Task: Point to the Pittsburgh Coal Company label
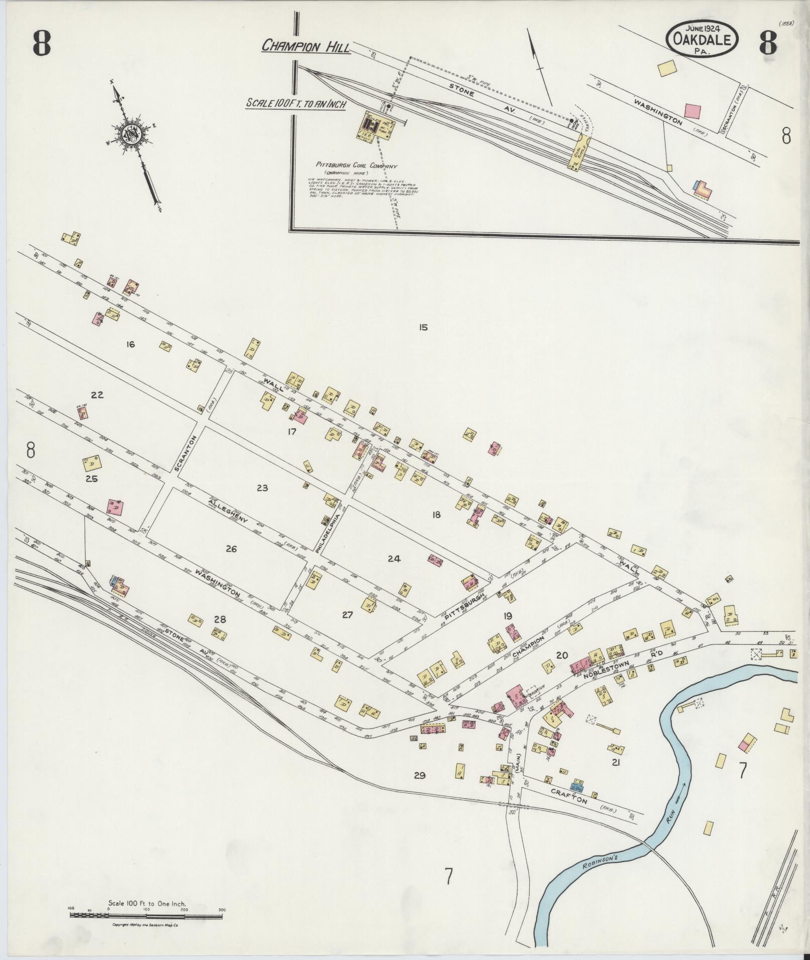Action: pyautogui.click(x=356, y=166)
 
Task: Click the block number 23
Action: pyautogui.click(x=262, y=487)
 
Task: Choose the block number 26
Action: pyautogui.click(x=231, y=549)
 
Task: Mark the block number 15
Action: pyautogui.click(x=423, y=327)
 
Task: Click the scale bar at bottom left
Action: pyautogui.click(x=146, y=916)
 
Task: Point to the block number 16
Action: pyautogui.click(x=131, y=344)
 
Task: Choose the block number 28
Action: pyautogui.click(x=220, y=619)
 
